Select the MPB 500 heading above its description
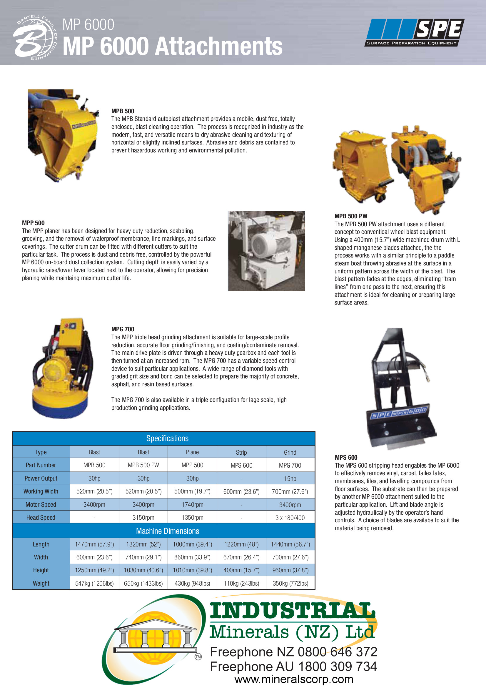click(123, 111)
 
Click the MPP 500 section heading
click(33, 223)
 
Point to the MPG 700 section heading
click(123, 329)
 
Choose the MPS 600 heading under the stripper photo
click(346, 457)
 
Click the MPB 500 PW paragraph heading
click(351, 216)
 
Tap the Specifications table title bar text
click(167, 438)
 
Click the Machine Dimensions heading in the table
click(167, 531)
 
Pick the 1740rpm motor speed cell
click(192, 505)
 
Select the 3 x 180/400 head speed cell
click(290, 518)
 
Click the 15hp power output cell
click(290, 478)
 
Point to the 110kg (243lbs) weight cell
click(241, 584)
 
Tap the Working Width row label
click(41, 491)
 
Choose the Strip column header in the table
click(241, 453)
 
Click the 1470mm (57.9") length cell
click(94, 544)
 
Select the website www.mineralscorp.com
click(294, 679)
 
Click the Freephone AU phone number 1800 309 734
click(338, 667)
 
